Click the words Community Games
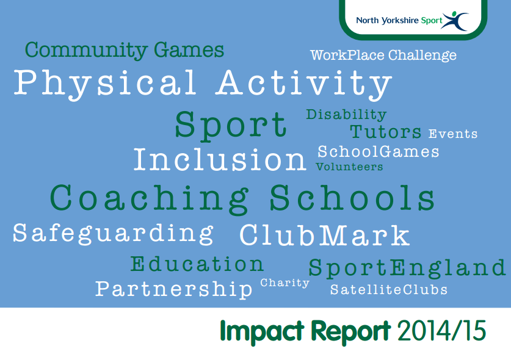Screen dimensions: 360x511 click(x=125, y=50)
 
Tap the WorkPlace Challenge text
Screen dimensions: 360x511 click(x=383, y=56)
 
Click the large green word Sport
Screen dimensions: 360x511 click(x=231, y=125)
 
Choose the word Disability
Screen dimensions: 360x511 click(x=346, y=115)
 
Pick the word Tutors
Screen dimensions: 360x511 click(x=386, y=132)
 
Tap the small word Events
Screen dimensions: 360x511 click(x=453, y=134)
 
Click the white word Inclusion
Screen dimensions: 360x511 click(x=220, y=160)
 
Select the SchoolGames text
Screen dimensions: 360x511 click(x=379, y=151)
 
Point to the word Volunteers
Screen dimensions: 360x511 click(x=349, y=167)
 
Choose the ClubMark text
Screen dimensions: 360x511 click(x=324, y=236)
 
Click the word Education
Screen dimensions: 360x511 click(x=197, y=264)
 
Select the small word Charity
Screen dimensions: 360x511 click(x=285, y=283)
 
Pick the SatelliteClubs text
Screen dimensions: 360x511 click(x=389, y=290)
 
